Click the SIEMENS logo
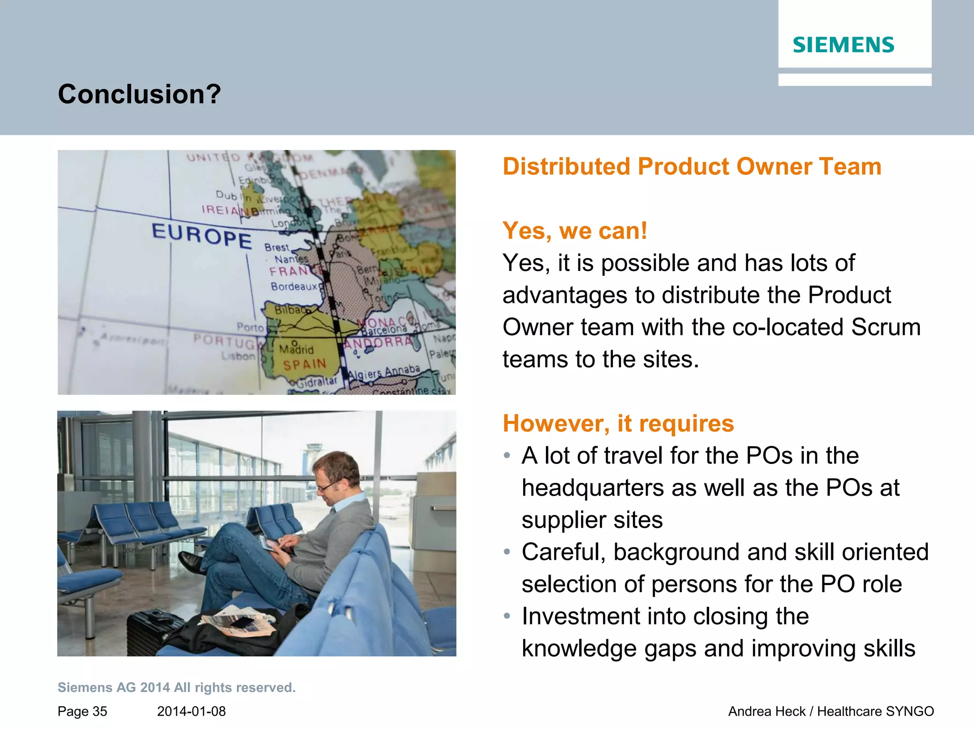843,45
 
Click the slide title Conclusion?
139,94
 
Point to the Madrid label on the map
297,350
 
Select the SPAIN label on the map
305,365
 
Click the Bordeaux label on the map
294,286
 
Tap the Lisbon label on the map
238,356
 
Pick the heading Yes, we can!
575,231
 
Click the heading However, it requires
618,423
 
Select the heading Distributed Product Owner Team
692,167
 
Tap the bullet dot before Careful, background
507,552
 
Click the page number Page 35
82,711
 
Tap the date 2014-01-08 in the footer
191,711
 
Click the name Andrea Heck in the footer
767,711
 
